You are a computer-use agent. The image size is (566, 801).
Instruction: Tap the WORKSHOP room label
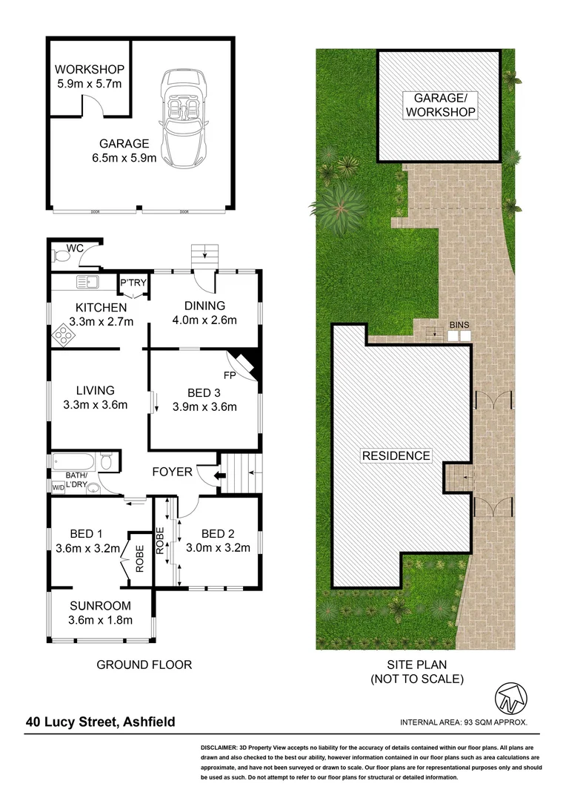pyautogui.click(x=89, y=70)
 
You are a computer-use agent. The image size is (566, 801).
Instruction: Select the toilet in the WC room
pyautogui.click(x=62, y=257)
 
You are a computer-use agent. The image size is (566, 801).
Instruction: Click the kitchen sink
pyautogui.click(x=88, y=282)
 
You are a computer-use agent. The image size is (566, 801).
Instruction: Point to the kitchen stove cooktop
pyautogui.click(x=63, y=336)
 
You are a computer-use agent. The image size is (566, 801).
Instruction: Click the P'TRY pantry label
pyautogui.click(x=133, y=283)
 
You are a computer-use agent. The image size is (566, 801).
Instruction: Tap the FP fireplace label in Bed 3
pyautogui.click(x=229, y=375)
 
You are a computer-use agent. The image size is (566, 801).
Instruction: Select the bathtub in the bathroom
pyautogui.click(x=74, y=461)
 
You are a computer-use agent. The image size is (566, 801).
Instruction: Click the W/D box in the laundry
pyautogui.click(x=58, y=487)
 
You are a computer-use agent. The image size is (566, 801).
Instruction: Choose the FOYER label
pyautogui.click(x=172, y=472)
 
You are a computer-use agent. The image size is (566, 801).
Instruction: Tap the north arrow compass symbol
pyautogui.click(x=511, y=697)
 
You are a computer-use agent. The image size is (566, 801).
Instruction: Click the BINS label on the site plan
pyautogui.click(x=459, y=325)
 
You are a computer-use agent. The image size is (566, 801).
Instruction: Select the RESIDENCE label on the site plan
pyautogui.click(x=396, y=455)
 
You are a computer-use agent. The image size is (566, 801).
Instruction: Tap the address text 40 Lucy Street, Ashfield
pyautogui.click(x=101, y=721)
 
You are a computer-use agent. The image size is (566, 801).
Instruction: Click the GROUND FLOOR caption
pyautogui.click(x=144, y=665)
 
